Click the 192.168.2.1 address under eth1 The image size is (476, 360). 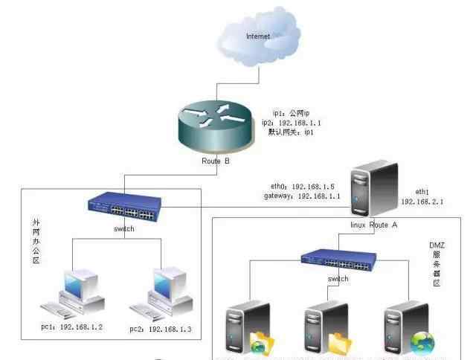[422, 201]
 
